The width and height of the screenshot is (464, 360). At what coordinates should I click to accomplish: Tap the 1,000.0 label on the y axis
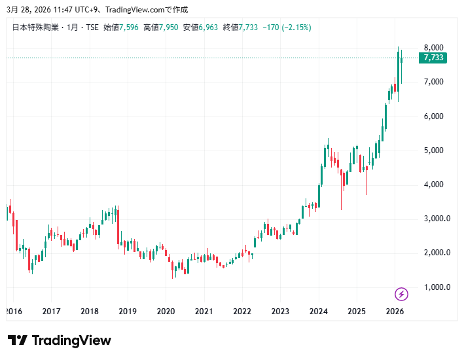point(436,287)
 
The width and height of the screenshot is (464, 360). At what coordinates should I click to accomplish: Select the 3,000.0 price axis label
point(436,219)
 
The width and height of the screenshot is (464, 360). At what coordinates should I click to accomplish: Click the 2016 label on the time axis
point(12,312)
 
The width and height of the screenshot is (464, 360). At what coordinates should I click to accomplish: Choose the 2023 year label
point(280,312)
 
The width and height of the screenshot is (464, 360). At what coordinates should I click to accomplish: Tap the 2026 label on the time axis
point(395,312)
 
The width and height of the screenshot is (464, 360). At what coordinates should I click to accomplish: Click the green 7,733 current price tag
point(433,58)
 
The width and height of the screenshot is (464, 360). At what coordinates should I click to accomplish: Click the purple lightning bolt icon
point(402,294)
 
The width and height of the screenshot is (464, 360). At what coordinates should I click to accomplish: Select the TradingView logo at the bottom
point(60,340)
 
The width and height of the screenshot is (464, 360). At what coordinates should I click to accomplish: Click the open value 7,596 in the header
point(130,27)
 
